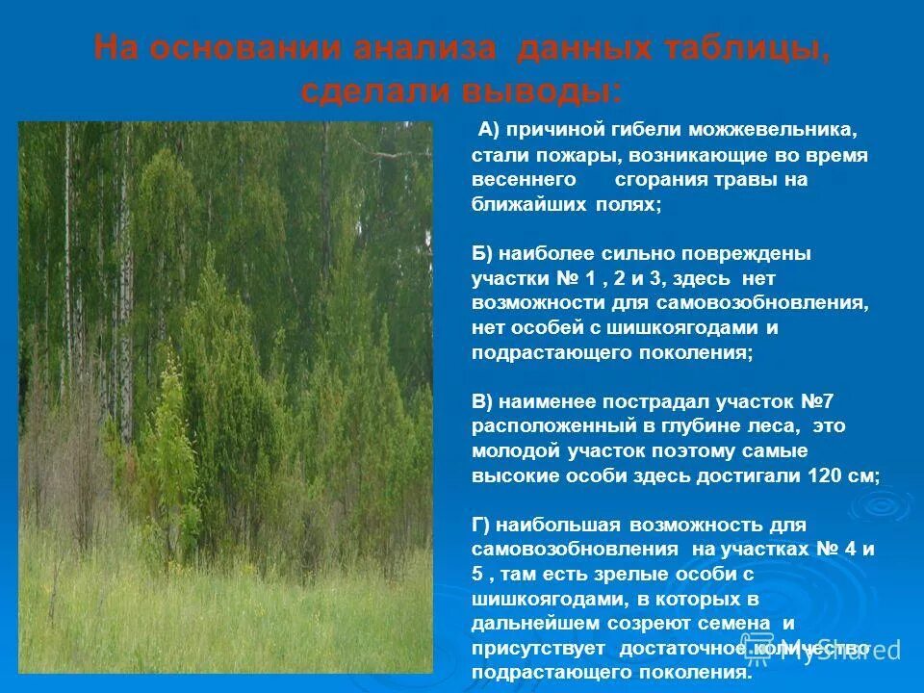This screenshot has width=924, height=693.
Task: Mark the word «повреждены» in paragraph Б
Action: (x=757, y=254)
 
